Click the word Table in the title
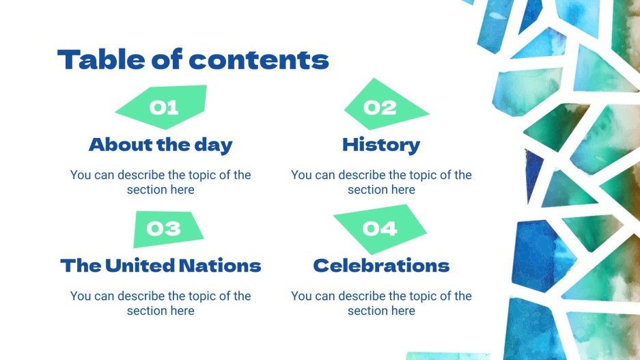(x=98, y=60)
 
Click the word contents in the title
(x=259, y=60)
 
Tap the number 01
(x=164, y=107)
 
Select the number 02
(x=380, y=107)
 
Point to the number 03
(x=164, y=228)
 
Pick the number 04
(x=380, y=228)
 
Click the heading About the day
(x=161, y=145)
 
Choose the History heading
(x=381, y=145)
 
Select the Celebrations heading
(x=381, y=265)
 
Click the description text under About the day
(x=161, y=182)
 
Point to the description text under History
(x=381, y=182)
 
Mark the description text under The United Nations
(x=161, y=303)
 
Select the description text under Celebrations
(x=381, y=303)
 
